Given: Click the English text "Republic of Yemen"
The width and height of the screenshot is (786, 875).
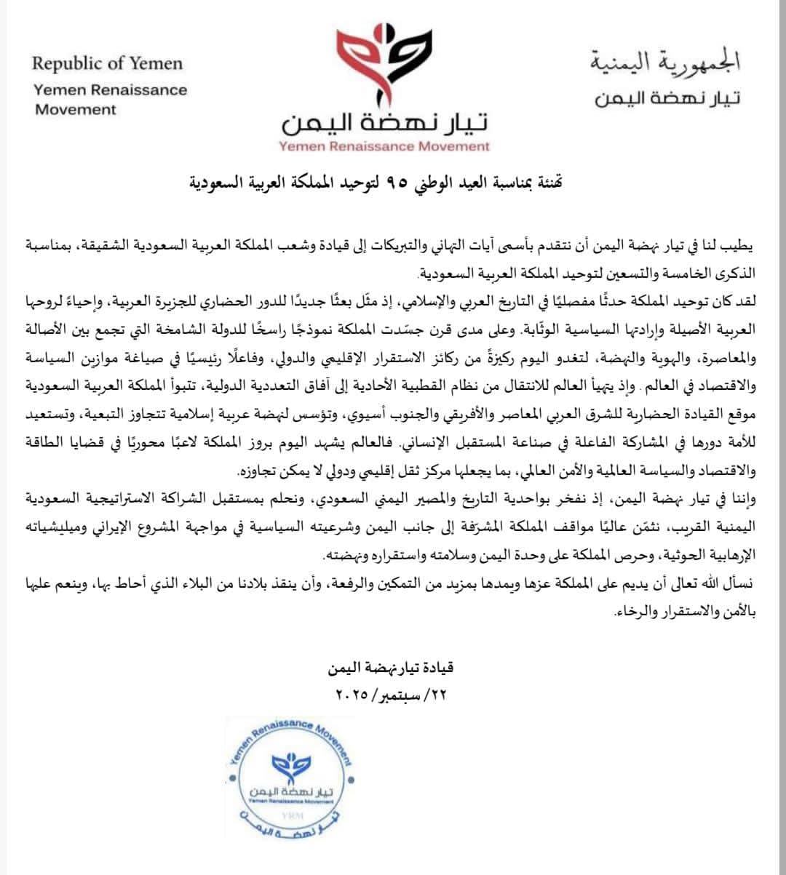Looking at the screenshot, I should (107, 63).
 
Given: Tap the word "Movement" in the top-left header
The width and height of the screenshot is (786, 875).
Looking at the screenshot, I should (75, 110).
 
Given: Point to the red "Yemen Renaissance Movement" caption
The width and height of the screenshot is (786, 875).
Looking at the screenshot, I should (385, 146).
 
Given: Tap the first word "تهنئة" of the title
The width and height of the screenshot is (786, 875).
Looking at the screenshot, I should (548, 181).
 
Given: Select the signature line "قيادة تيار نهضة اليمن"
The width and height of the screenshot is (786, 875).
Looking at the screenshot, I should (391, 667).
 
